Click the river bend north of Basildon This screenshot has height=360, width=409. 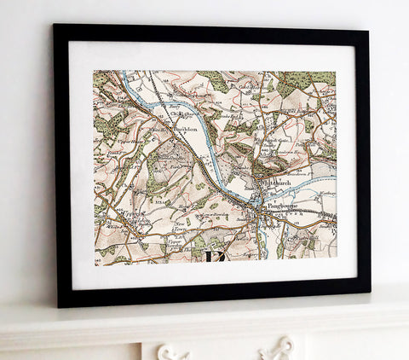[162, 100]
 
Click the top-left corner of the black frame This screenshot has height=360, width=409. [54, 26]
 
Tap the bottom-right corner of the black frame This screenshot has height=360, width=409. [369, 293]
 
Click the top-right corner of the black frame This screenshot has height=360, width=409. [367, 32]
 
